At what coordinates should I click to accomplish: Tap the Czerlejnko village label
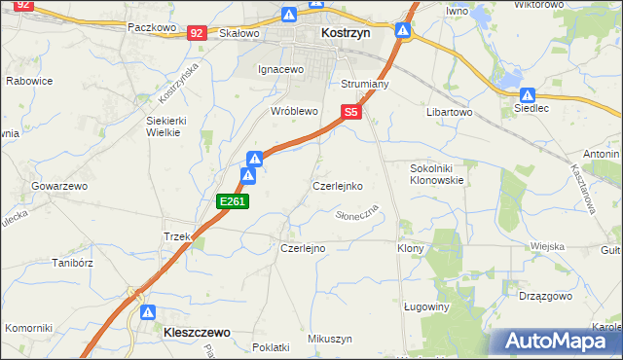pyautogui.click(x=338, y=185)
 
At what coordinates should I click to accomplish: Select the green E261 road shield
pyautogui.click(x=234, y=201)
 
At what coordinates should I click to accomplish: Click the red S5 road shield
pyautogui.click(x=352, y=113)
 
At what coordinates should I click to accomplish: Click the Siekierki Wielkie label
pyautogui.click(x=165, y=126)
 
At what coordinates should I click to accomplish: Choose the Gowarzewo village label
pyautogui.click(x=60, y=185)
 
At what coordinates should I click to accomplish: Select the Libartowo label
pyautogui.click(x=449, y=113)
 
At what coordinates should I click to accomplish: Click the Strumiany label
pyautogui.click(x=365, y=85)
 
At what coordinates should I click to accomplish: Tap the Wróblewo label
pyautogui.click(x=295, y=112)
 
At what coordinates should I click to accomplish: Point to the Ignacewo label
pyautogui.click(x=281, y=70)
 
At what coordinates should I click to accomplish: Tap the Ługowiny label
pyautogui.click(x=425, y=306)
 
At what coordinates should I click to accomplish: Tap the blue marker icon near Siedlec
pyautogui.click(x=527, y=95)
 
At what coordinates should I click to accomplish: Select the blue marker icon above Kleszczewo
pyautogui.click(x=148, y=312)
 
